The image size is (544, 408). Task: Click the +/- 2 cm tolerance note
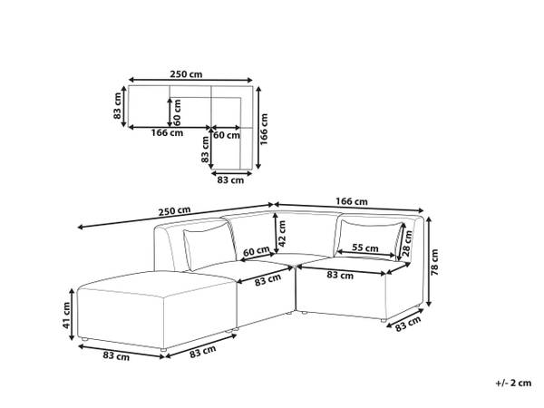coord(513,383)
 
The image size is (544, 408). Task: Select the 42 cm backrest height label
coord(282,234)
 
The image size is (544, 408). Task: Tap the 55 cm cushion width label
coord(365,248)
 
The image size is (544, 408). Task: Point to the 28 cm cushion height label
coord(407,243)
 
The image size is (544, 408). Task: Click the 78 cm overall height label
coord(434,262)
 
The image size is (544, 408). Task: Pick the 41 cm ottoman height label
coord(66,316)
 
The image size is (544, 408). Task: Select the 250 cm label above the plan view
coord(186,74)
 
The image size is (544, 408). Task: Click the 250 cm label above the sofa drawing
coord(174,211)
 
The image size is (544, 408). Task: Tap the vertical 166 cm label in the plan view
coord(265,129)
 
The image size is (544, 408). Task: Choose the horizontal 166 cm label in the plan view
coord(167,132)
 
